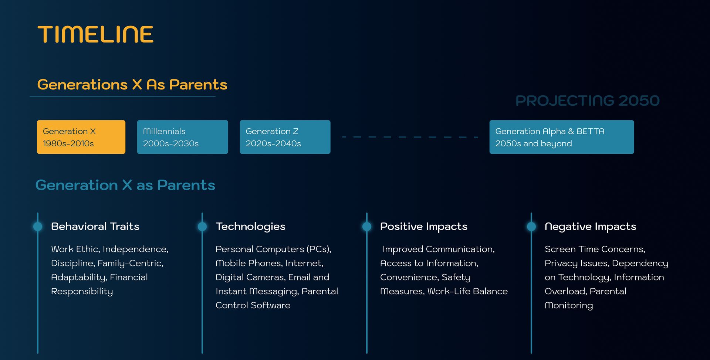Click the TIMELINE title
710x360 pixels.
tap(95, 34)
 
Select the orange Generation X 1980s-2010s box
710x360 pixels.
tap(81, 137)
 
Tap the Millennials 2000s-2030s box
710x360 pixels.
tap(182, 137)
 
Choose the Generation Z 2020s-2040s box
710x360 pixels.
tap(285, 137)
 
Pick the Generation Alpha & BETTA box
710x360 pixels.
tap(561, 137)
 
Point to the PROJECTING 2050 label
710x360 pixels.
tap(588, 101)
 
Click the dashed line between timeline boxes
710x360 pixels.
tap(410, 137)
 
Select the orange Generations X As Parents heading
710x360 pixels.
tap(132, 85)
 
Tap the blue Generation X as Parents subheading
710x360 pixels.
tap(125, 185)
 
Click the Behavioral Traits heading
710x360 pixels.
tap(95, 226)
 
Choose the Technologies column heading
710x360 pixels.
tap(250, 227)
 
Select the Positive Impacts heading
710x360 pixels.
tap(424, 227)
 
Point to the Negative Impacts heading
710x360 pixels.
tap(590, 227)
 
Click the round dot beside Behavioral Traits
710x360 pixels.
tap(38, 227)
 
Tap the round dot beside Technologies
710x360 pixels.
tap(202, 227)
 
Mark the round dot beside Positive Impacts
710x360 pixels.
tap(367, 227)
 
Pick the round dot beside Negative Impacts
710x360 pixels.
tap(531, 227)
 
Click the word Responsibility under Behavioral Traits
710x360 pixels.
tap(82, 292)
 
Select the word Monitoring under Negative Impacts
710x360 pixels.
tap(569, 306)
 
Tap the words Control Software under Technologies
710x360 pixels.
tap(253, 305)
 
